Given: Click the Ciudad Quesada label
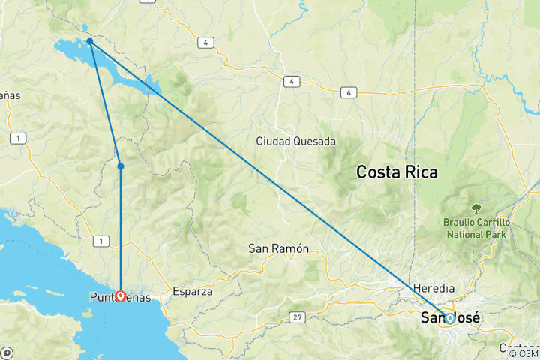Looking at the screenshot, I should (295, 141).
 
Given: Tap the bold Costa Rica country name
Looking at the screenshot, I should (397, 172).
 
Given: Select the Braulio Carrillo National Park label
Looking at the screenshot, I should (475, 229).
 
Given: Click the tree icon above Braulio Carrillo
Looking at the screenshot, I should (475, 208).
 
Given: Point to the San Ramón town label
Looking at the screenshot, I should (278, 248).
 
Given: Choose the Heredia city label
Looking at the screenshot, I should (434, 288).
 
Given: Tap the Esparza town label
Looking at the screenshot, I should (193, 291).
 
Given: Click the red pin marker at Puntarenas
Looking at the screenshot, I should (120, 295).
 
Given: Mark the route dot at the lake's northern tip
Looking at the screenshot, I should (89, 41).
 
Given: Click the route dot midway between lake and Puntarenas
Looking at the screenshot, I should (120, 166).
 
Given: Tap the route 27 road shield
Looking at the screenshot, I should (298, 318).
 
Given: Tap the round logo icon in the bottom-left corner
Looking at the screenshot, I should (7, 352).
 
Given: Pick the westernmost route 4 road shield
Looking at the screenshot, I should (205, 43).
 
